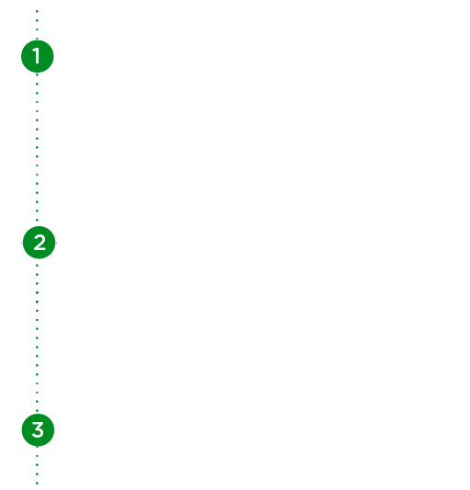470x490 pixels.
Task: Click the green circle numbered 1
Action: [37, 56]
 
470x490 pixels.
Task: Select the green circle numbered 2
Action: [39, 243]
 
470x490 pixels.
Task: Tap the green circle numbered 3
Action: [38, 430]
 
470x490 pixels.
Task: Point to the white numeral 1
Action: [37, 56]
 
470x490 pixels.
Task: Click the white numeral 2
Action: [40, 243]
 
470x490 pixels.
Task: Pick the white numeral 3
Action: [38, 429]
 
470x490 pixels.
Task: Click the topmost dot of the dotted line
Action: [37, 11]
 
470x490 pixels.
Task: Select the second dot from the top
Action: [37, 20]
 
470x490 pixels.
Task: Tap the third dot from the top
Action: [37, 29]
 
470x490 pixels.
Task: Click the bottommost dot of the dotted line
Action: [37, 484]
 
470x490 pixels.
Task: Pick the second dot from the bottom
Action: [37, 474]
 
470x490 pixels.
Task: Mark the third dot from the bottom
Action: [37, 465]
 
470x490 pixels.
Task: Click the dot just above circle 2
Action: [37, 220]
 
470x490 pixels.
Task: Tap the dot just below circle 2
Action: [37, 266]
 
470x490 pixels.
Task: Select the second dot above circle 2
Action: [37, 211]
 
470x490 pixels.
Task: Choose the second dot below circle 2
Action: [37, 274]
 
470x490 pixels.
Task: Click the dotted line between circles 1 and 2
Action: [37, 147]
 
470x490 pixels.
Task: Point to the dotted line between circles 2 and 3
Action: [37, 337]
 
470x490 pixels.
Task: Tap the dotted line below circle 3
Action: [37, 465]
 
